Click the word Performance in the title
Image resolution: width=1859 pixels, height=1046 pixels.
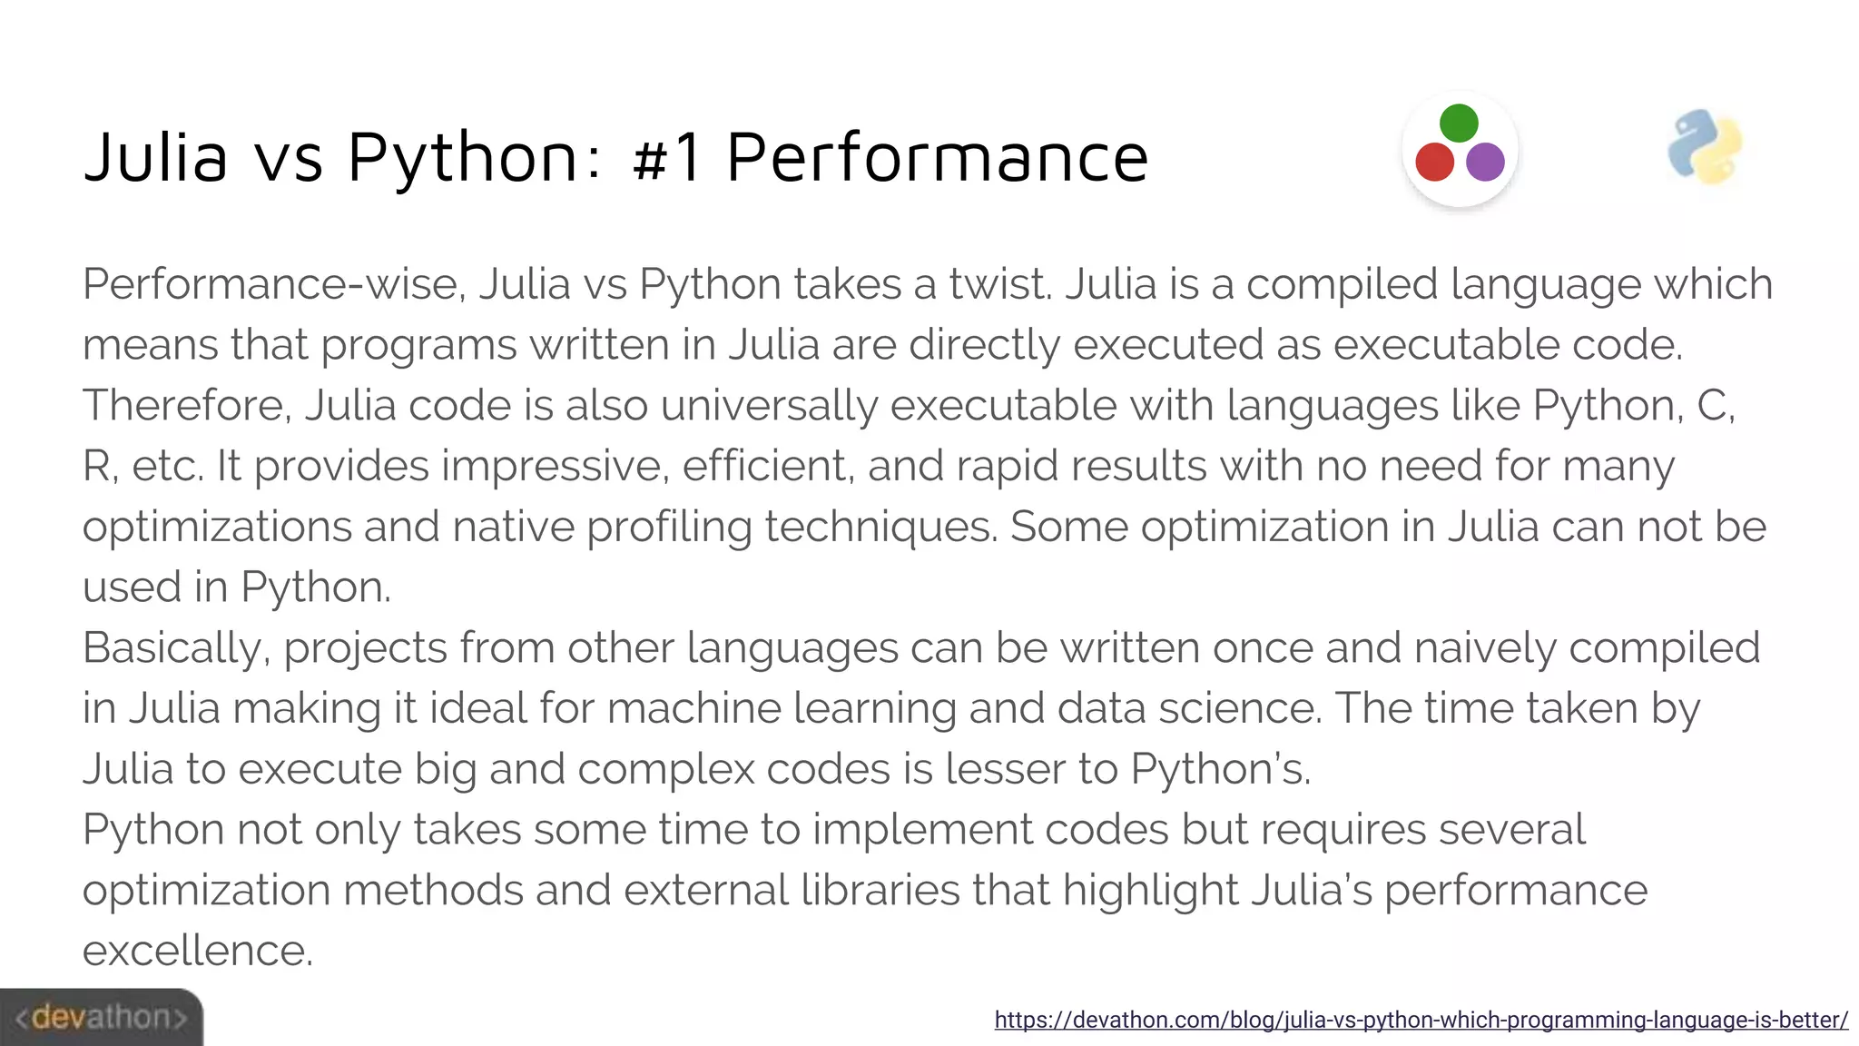tap(937, 157)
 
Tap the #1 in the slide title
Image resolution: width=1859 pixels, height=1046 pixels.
tap(667, 157)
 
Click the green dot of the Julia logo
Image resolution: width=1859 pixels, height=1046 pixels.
tap(1459, 123)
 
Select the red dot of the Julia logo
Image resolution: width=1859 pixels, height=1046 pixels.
tap(1434, 162)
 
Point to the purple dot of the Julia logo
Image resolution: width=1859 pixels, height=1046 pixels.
tap(1485, 162)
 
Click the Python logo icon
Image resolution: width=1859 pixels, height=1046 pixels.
tap(1705, 148)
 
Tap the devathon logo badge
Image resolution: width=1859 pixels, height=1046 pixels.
tap(101, 1017)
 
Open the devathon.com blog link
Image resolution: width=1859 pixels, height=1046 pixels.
tap(1421, 1020)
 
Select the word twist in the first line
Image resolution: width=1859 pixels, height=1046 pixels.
tap(999, 284)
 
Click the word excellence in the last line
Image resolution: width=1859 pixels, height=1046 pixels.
tap(197, 951)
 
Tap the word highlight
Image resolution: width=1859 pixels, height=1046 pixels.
tap(1150, 891)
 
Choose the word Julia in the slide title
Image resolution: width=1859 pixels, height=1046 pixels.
tap(155, 157)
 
